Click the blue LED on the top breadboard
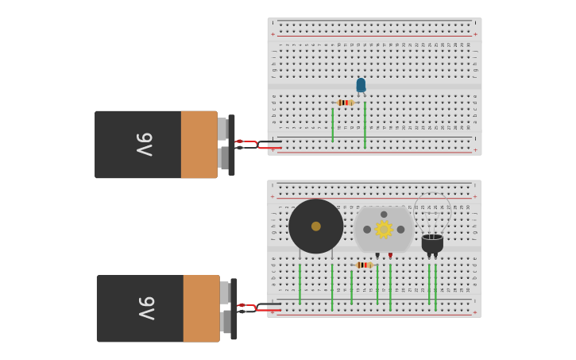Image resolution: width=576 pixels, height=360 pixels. (x=361, y=84)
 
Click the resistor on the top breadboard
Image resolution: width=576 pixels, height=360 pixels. (x=344, y=103)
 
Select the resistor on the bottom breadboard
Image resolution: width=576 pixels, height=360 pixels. (x=364, y=265)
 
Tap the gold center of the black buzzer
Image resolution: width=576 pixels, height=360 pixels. (x=316, y=226)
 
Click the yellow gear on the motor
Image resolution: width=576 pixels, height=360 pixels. (x=384, y=229)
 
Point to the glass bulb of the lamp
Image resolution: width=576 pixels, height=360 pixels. (x=432, y=213)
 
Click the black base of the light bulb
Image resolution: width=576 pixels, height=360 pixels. (x=432, y=243)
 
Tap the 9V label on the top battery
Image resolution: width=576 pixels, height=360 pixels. (x=144, y=144)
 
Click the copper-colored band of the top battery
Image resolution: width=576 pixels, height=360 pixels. (x=199, y=144)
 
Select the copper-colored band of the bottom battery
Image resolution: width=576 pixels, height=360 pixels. (x=201, y=308)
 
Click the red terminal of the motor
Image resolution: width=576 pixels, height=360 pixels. (x=390, y=255)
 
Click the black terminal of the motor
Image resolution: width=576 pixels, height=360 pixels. (x=377, y=255)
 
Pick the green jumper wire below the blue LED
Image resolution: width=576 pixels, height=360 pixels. (x=365, y=126)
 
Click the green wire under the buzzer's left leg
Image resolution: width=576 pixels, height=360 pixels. (x=300, y=284)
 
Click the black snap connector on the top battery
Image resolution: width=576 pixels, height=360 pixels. (x=231, y=145)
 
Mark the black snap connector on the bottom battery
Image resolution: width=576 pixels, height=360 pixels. (x=234, y=308)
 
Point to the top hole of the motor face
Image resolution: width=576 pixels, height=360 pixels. (x=384, y=214)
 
